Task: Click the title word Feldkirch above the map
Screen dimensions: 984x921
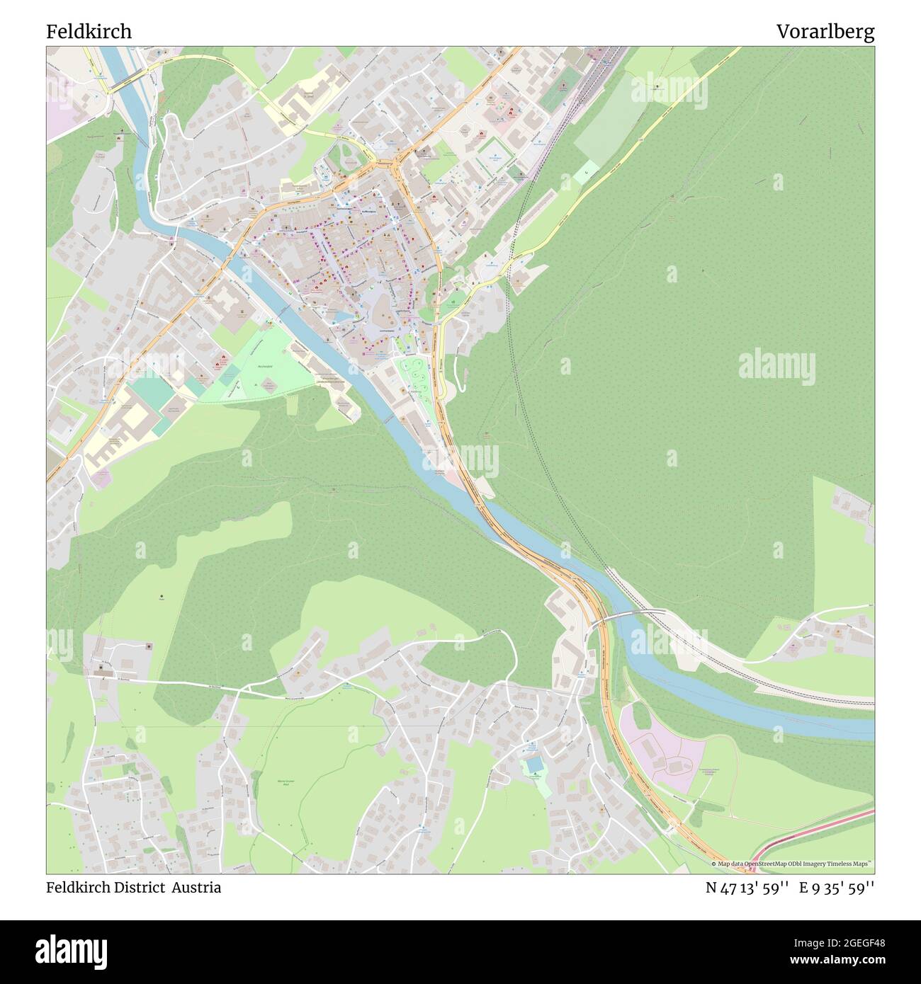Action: coord(89,32)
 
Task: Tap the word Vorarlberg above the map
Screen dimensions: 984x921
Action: coord(825,32)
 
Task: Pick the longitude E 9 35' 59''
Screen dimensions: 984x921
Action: coord(837,888)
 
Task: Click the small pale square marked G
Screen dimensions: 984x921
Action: coord(586,172)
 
